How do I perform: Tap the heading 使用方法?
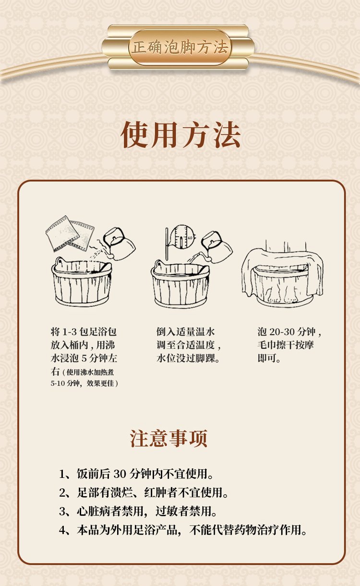[180, 135]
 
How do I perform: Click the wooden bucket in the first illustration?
[82, 283]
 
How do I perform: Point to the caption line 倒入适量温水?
[185, 332]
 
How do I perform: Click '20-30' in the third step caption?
[283, 332]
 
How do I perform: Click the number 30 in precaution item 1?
[120, 474]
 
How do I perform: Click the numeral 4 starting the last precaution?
[62, 530]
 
